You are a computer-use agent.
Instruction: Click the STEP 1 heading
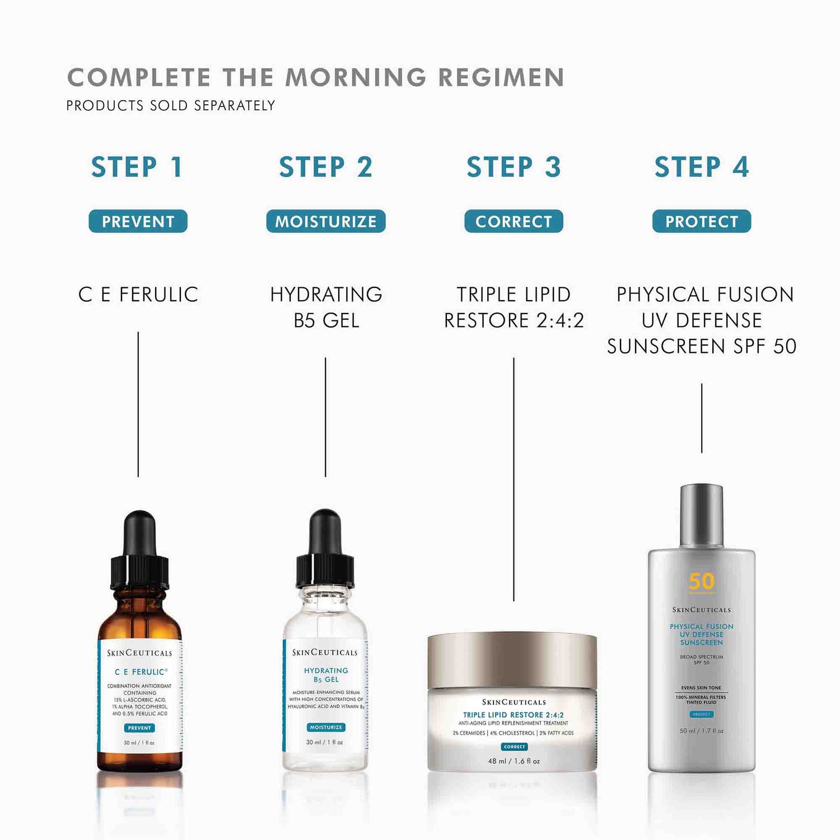[137, 167]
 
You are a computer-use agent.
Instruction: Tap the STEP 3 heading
[514, 167]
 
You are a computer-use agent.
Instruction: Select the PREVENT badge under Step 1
[138, 221]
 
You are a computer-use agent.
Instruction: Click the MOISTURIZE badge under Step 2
[326, 221]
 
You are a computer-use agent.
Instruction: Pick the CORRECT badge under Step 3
[514, 221]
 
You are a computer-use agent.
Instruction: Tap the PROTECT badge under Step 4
[702, 221]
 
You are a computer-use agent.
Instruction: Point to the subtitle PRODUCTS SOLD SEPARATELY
[171, 105]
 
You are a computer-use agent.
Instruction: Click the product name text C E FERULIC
[138, 295]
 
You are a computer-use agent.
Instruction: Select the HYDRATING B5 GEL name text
[326, 307]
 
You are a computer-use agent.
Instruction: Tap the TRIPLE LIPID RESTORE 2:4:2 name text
[514, 307]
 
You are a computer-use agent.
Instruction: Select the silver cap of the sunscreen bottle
[702, 515]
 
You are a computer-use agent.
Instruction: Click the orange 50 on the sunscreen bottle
[702, 581]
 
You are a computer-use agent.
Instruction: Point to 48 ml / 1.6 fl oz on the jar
[514, 761]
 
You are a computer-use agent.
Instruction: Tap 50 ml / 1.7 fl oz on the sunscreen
[702, 731]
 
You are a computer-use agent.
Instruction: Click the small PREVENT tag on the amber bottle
[139, 728]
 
